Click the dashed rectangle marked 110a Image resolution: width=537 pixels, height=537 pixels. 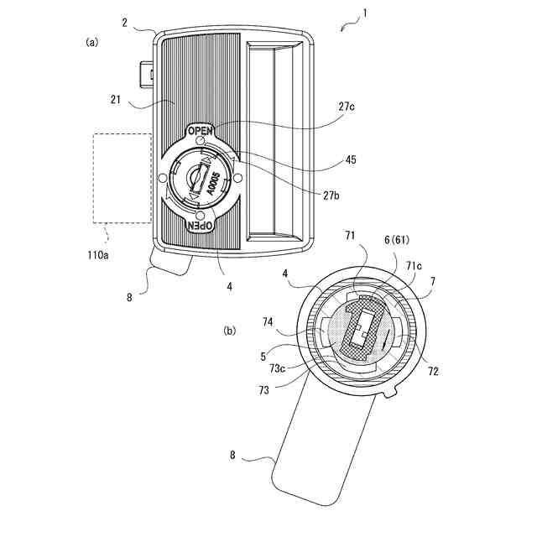pyautogui.click(x=123, y=177)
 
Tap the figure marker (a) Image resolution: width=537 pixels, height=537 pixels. pyautogui.click(x=92, y=41)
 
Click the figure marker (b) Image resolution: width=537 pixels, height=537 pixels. pyautogui.click(x=230, y=330)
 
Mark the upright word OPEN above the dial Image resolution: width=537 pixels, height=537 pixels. pyautogui.click(x=201, y=131)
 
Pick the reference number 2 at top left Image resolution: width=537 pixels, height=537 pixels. pyautogui.click(x=124, y=23)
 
